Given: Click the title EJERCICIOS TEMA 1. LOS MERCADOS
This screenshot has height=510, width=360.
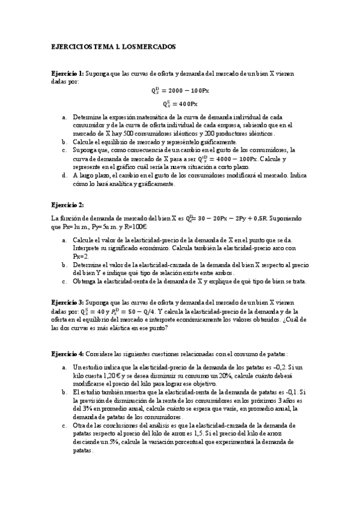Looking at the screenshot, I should pyautogui.click(x=113, y=46).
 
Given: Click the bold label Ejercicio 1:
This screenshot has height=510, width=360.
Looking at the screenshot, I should pyautogui.click(x=68, y=73).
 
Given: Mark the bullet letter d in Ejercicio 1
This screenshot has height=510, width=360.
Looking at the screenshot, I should pyautogui.click(x=64, y=175).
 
